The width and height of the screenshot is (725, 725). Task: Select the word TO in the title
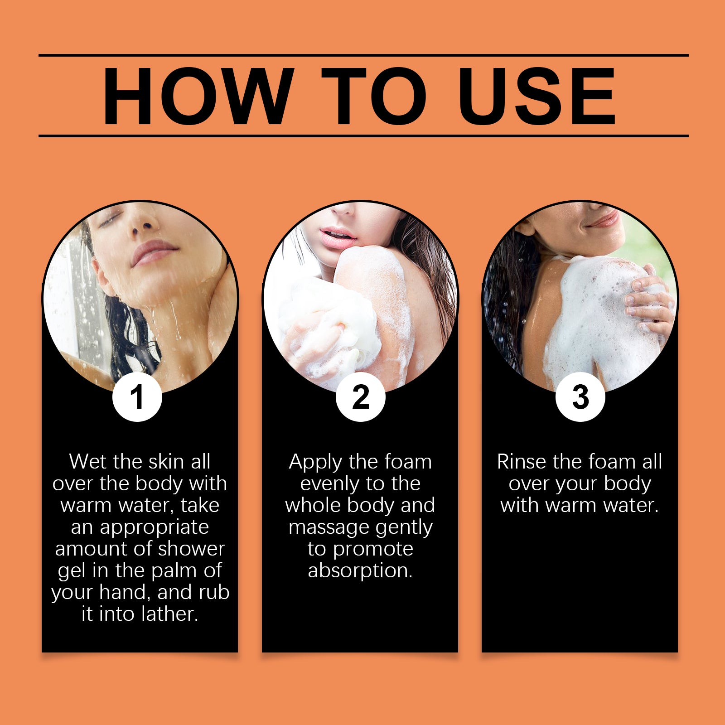374,96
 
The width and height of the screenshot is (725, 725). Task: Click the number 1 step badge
137,397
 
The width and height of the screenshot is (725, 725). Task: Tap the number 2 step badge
361,397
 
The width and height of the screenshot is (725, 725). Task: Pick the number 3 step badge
580,397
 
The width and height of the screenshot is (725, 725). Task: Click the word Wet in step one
88,462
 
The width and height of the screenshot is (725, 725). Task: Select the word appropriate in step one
155,528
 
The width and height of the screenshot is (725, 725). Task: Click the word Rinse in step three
521,462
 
